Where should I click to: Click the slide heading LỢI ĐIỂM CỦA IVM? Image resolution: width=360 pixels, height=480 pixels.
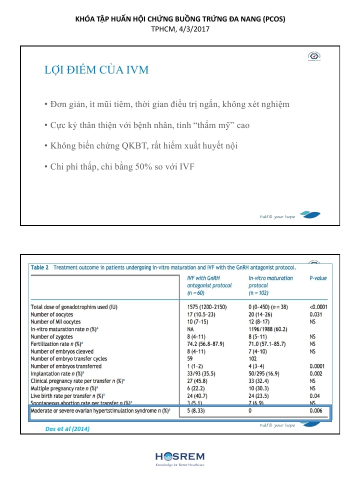tap(96, 69)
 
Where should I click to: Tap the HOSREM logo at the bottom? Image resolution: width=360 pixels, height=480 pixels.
tap(179, 457)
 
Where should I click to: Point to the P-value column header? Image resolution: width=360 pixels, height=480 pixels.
tap(318, 278)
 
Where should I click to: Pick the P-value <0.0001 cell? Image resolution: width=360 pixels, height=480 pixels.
tap(319, 306)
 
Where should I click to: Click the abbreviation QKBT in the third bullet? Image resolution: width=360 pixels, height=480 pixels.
tap(134, 145)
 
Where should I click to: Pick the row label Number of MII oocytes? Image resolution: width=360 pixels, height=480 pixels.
tap(55, 321)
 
